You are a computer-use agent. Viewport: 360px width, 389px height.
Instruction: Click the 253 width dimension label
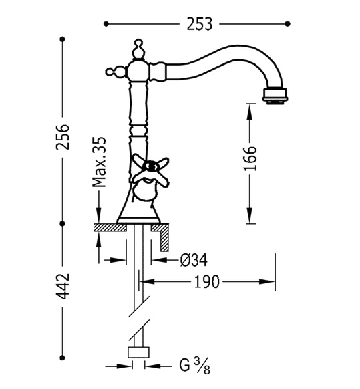pos(199,24)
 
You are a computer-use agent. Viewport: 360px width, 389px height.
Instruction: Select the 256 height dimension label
pos(63,137)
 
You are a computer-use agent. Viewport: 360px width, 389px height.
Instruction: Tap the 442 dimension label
pos(63,286)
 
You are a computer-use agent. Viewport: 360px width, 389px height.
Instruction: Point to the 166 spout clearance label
pos(250,158)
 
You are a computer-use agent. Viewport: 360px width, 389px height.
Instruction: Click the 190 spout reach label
pos(206,282)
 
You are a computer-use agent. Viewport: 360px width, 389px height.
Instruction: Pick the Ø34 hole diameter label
pos(194,260)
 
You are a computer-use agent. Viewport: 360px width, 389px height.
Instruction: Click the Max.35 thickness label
pos(99,162)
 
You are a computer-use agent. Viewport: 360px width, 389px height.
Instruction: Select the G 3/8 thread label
pos(195,366)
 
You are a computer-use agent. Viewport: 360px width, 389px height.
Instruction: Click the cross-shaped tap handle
pos(150,170)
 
